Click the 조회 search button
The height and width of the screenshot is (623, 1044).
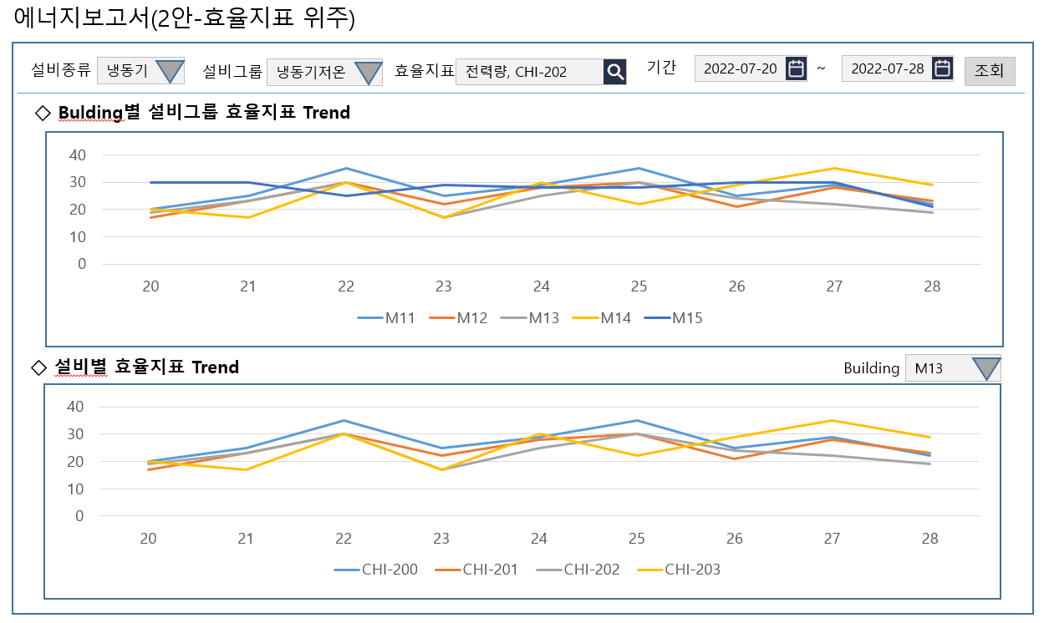[990, 71]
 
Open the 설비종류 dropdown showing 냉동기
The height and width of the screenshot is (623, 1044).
[140, 71]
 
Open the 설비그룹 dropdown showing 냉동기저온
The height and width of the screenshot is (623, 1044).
[324, 72]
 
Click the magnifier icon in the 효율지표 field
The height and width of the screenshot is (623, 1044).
[615, 72]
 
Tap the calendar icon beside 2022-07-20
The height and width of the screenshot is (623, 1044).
[797, 68]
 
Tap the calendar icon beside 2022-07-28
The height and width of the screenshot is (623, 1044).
[942, 68]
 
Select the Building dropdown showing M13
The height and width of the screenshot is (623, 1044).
[953, 368]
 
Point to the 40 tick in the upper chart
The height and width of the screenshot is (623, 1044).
[77, 154]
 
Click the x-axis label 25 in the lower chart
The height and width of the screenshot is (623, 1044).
[636, 539]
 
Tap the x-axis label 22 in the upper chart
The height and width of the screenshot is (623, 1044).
[346, 286]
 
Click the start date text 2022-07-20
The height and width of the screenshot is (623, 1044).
[740, 69]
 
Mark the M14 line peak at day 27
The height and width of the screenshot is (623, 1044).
[833, 168]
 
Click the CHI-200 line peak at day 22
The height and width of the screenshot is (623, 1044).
[344, 420]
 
